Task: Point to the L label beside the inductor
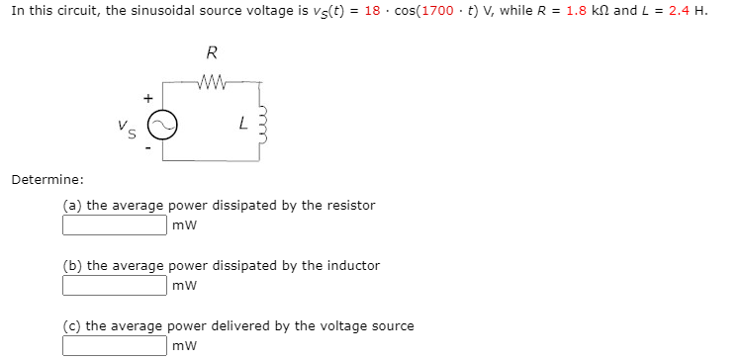pos(241,124)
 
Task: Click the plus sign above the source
pos(148,98)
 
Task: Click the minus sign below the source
pos(148,149)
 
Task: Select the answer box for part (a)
pos(115,225)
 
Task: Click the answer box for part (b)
pos(115,286)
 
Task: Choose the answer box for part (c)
pos(115,346)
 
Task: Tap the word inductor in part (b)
pos(353,265)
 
